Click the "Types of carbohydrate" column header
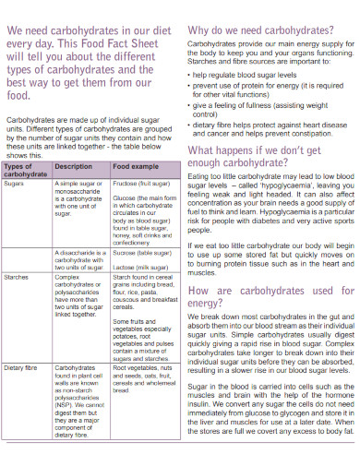[26, 170]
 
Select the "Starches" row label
[17, 276]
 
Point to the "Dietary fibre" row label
[22, 367]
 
